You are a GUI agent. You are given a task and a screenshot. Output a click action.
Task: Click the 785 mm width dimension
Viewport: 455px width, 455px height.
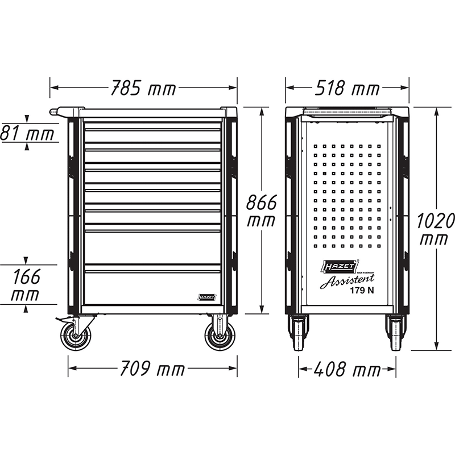[x=143, y=89]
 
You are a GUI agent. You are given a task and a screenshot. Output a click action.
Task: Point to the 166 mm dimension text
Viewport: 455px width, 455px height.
[x=27, y=286]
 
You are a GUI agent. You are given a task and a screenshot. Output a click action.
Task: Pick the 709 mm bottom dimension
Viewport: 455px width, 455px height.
[x=152, y=369]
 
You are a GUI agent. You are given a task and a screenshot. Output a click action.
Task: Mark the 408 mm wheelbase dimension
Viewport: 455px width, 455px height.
[x=347, y=370]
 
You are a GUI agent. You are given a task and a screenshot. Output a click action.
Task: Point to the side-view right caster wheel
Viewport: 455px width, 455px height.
[x=395, y=333]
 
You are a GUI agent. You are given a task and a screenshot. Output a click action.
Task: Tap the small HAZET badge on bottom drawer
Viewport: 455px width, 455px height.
[x=206, y=297]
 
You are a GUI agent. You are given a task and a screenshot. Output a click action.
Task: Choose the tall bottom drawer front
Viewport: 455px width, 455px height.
[x=152, y=287]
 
